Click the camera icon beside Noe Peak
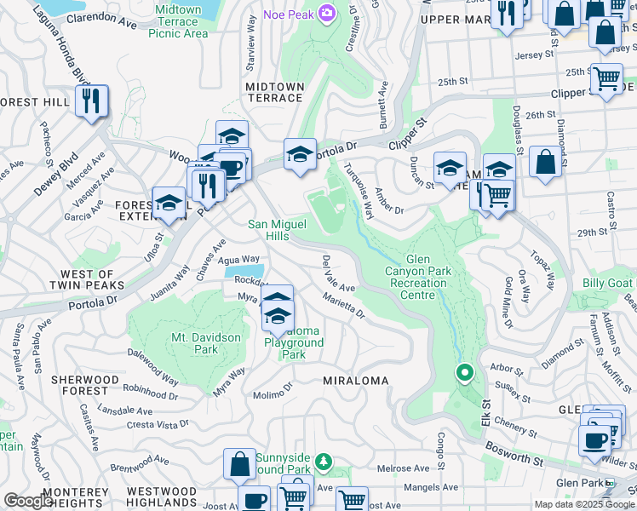325,13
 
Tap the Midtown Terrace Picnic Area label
178,21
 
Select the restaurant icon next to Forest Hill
91,101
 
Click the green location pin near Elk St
464,372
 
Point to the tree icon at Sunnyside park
323,462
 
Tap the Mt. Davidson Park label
205,343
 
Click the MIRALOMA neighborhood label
355,381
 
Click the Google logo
27,501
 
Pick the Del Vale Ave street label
338,274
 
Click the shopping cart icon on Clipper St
605,79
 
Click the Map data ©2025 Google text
583,504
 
